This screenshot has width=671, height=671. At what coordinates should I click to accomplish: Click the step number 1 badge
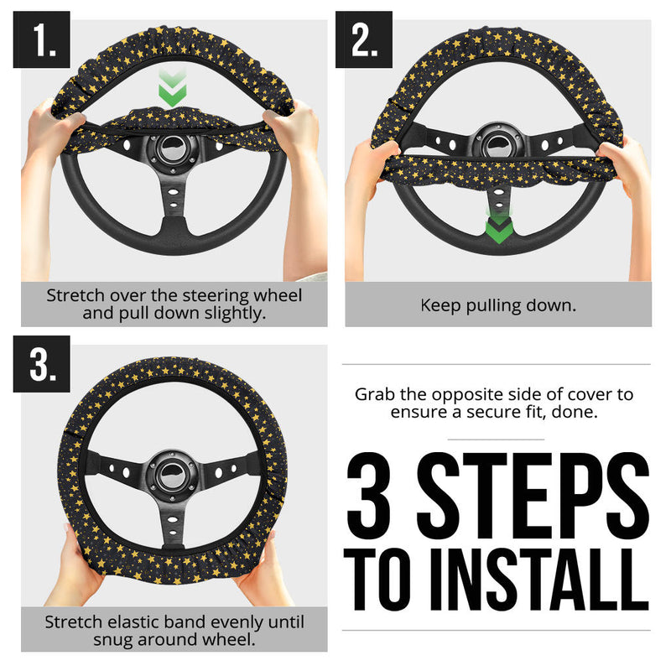click(x=41, y=39)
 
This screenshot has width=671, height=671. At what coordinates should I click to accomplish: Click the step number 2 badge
click(x=364, y=39)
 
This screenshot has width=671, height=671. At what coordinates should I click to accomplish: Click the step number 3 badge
click(x=41, y=363)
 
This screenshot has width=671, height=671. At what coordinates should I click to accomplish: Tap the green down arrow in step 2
click(x=498, y=226)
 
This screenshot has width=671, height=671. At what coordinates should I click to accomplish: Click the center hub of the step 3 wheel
click(x=173, y=474)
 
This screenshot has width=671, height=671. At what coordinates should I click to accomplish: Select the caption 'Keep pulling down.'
click(x=498, y=305)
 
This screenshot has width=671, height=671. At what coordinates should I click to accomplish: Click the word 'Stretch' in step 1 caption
click(x=75, y=296)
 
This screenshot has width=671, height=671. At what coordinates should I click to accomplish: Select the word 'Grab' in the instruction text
click(x=373, y=394)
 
